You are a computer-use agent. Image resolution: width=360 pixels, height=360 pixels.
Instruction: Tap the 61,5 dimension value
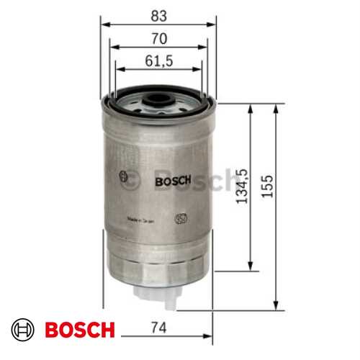coord(159,62)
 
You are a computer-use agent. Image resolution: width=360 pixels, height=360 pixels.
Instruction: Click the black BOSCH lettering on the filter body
coord(171,181)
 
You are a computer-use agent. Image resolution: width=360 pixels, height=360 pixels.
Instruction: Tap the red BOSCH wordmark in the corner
coord(79,330)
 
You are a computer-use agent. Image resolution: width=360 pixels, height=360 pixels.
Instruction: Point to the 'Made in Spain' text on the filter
coord(141,219)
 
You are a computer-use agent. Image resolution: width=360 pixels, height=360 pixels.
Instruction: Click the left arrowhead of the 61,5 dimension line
coord(117,69)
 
